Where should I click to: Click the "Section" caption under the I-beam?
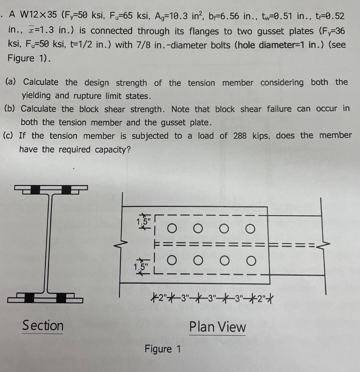pos(43,325)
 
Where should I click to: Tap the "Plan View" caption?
pos(217,327)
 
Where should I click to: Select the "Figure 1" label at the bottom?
pos(163,349)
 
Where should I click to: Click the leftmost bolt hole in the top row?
pos(172,229)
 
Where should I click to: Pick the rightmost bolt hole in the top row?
pos(250,229)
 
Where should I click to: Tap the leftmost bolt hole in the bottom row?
pos(172,260)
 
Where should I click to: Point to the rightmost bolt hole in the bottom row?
pos(250,260)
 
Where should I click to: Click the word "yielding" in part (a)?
pos(35,96)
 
